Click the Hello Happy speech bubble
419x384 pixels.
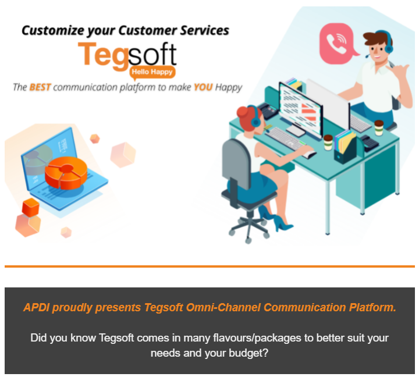click(152, 73)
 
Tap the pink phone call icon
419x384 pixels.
click(337, 44)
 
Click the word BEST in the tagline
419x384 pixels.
click(40, 87)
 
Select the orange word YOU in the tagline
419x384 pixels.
click(203, 87)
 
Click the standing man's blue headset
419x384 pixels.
click(387, 42)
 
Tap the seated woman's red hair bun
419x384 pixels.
click(242, 112)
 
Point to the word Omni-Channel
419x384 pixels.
click(223, 307)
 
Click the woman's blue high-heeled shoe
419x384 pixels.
click(283, 223)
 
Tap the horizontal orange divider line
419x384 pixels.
click(210, 266)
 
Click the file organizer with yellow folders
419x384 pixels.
click(345, 147)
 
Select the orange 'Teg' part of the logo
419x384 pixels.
click(103, 56)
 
